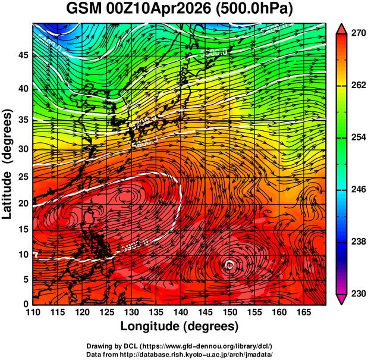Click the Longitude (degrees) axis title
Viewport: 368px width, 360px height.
180,326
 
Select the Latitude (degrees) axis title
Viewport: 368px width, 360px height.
8,164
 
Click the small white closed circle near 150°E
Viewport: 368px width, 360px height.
230,265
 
